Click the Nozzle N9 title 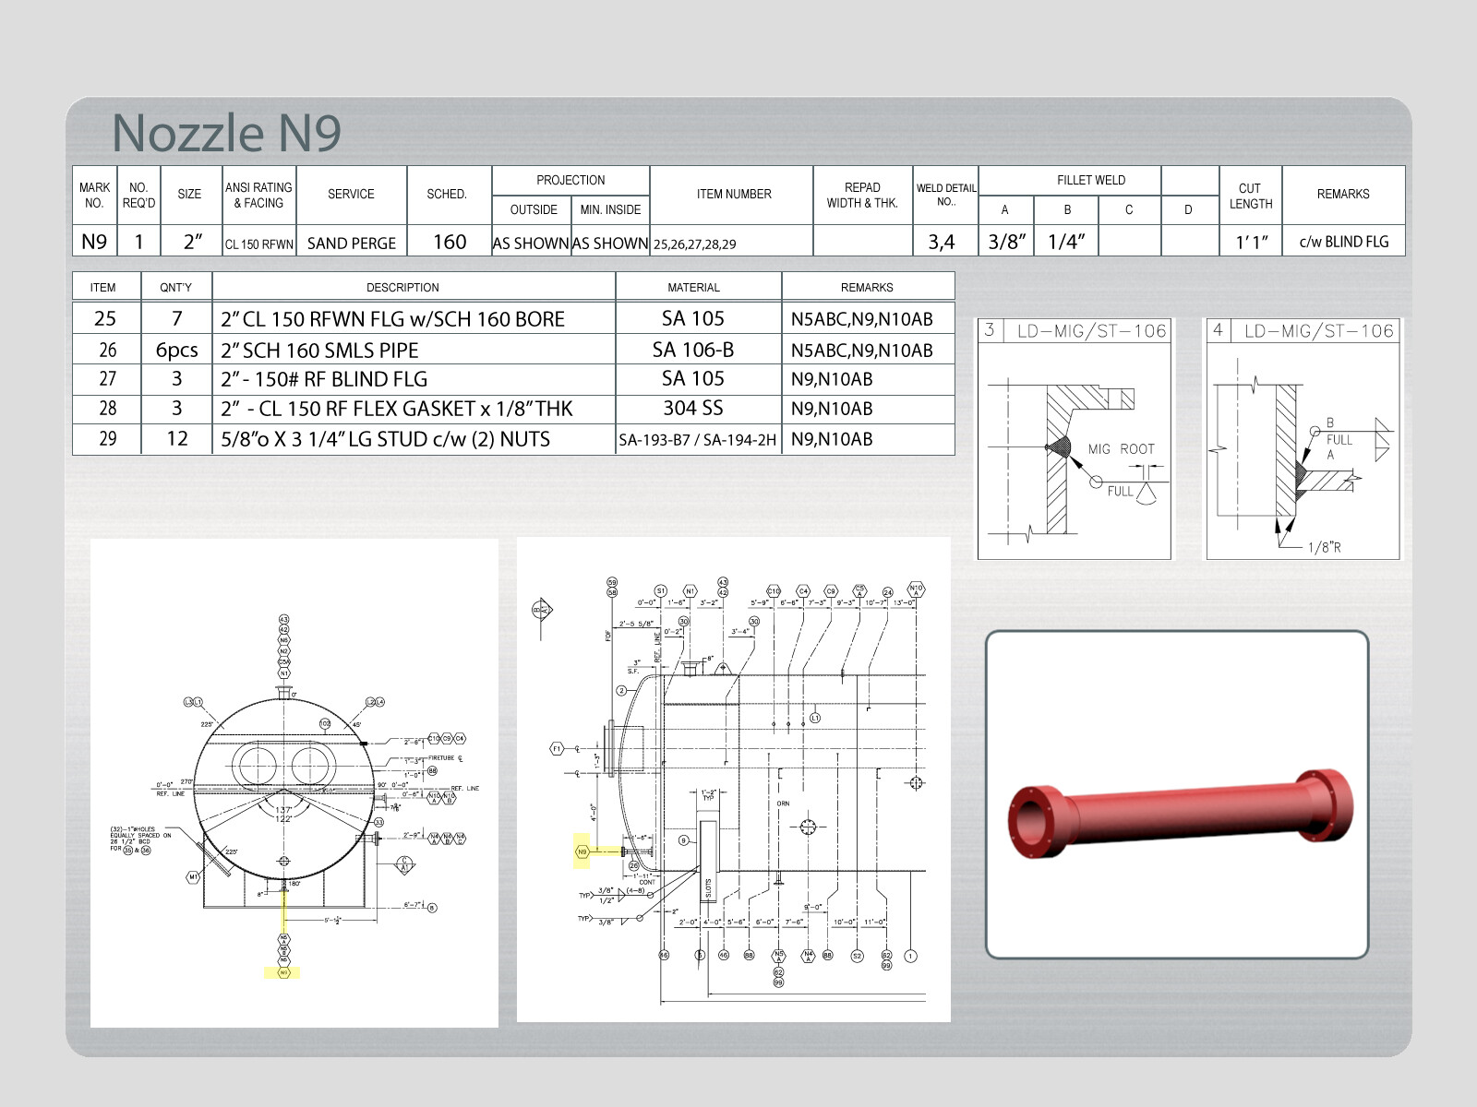click(x=226, y=133)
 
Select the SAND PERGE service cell click(x=351, y=243)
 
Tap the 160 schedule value click(x=450, y=242)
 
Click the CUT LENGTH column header click(x=1250, y=196)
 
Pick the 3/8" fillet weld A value click(x=1007, y=242)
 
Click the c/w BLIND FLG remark click(x=1343, y=242)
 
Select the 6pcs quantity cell click(x=176, y=350)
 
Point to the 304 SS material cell click(x=693, y=408)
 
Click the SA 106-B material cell click(x=693, y=350)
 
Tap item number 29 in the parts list click(x=107, y=439)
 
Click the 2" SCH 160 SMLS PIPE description click(x=319, y=351)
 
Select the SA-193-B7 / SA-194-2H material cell click(x=697, y=440)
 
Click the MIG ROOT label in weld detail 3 click(x=1121, y=449)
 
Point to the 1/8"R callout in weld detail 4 click(x=1324, y=547)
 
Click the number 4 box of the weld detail click(x=1218, y=330)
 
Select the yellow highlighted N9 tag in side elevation click(x=582, y=851)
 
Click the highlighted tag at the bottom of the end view click(x=282, y=972)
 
